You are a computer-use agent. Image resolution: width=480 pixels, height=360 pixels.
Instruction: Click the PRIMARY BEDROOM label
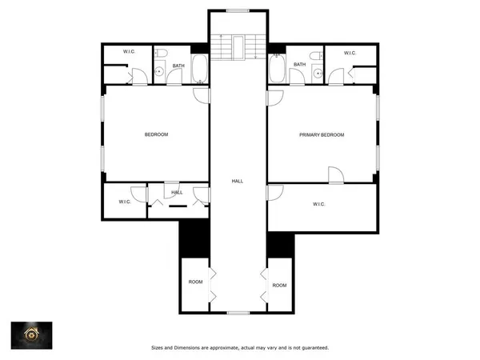click(322, 134)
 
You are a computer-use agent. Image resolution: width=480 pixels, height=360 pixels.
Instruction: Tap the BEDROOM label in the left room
click(156, 134)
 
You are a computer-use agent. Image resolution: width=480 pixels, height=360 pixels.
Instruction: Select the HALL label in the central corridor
click(238, 182)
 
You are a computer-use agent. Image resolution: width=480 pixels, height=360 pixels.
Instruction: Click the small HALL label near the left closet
click(177, 192)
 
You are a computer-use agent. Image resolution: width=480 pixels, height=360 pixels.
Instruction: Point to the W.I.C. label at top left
click(128, 53)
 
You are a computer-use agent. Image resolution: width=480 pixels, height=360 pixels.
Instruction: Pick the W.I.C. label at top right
click(350, 53)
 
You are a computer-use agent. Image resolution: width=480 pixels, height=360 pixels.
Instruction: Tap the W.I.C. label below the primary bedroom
click(319, 204)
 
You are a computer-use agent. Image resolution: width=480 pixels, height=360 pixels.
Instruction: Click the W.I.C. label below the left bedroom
click(125, 202)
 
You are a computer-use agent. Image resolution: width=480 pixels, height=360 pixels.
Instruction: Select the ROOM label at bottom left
click(195, 282)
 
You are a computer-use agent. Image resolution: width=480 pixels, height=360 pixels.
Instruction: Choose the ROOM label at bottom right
click(279, 285)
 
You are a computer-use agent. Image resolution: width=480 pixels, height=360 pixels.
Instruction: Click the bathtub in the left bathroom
click(199, 70)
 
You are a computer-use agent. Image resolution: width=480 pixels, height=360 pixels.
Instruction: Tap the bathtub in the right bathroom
click(277, 70)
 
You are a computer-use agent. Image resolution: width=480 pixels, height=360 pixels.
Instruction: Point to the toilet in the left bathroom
click(161, 56)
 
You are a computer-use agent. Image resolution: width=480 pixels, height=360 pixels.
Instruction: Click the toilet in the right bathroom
click(317, 56)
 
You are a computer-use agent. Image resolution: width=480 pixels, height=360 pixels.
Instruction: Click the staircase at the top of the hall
click(238, 46)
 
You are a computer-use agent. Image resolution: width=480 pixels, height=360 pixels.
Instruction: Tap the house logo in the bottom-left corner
click(32, 336)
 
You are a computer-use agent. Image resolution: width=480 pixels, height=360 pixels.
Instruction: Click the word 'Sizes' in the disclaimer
click(159, 347)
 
